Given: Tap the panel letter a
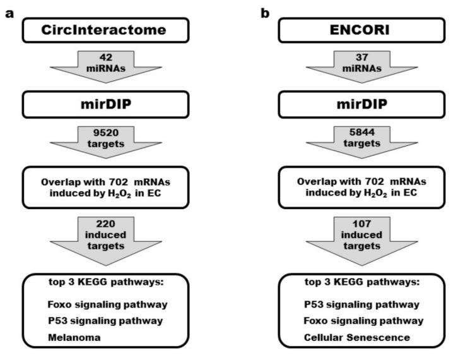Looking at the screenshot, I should click(x=9, y=13).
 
